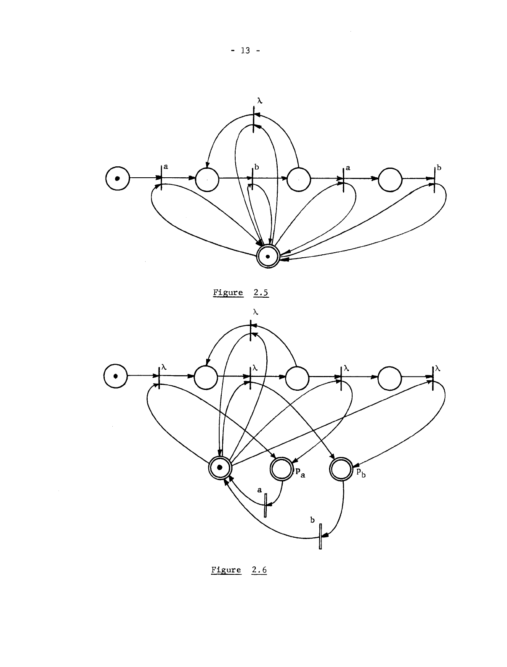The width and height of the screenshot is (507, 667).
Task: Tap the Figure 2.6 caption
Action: pos(239,571)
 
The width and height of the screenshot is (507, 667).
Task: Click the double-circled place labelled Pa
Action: pos(281,468)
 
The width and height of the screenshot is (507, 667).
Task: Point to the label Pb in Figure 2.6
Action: pos(358,473)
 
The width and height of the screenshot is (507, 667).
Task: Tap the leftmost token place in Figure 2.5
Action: pos(117,178)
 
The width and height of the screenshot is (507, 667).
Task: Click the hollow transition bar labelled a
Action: pos(265,505)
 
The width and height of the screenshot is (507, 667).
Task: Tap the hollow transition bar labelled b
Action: pos(321,536)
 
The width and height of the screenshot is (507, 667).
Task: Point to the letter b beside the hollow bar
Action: pos(312,520)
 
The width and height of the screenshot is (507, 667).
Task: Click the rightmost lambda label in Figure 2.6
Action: pos(438,368)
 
